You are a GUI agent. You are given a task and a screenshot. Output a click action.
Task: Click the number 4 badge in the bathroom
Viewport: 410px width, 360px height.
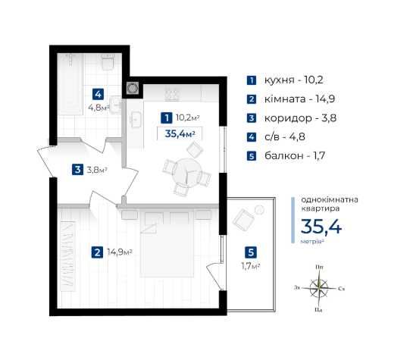click(x=98, y=94)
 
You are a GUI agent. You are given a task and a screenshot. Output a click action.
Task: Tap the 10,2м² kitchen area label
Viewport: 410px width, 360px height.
click(x=188, y=117)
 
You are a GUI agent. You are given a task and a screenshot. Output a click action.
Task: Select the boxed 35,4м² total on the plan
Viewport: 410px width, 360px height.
click(x=180, y=134)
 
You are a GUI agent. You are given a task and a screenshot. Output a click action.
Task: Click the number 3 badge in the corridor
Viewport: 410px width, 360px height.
click(x=77, y=170)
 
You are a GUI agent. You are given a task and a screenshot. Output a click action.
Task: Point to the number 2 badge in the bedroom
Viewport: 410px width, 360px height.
click(x=97, y=252)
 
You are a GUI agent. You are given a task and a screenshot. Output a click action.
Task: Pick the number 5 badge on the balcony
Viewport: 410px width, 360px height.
click(x=251, y=252)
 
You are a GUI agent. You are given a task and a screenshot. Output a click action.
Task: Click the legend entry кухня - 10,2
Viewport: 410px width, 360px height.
click(x=293, y=80)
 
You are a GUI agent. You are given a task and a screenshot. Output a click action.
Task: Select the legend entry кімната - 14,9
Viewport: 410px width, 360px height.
click(x=299, y=99)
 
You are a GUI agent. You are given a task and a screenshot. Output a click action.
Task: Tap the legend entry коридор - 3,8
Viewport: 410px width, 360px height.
click(x=300, y=118)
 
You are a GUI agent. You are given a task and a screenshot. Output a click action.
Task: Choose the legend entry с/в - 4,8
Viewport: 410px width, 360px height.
click(x=285, y=136)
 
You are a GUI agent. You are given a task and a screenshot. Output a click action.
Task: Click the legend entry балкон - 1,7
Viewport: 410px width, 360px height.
click(x=295, y=156)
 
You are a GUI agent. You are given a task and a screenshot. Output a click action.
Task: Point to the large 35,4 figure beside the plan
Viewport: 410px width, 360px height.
click(x=321, y=227)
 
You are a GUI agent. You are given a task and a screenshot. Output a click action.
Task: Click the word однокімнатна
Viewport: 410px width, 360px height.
click(x=330, y=200)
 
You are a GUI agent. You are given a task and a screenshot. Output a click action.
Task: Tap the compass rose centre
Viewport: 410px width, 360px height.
click(x=319, y=288)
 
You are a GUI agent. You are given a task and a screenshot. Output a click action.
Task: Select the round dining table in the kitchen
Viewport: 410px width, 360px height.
click(x=187, y=171)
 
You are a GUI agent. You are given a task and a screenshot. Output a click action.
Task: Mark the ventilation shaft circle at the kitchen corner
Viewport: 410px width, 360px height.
click(x=133, y=88)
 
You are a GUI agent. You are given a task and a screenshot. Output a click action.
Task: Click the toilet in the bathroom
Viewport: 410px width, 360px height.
click(x=108, y=62)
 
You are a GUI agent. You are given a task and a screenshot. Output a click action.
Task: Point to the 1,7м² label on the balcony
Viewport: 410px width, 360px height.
click(x=251, y=266)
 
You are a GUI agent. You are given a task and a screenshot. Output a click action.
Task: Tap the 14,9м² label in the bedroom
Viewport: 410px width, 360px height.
click(x=120, y=252)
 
